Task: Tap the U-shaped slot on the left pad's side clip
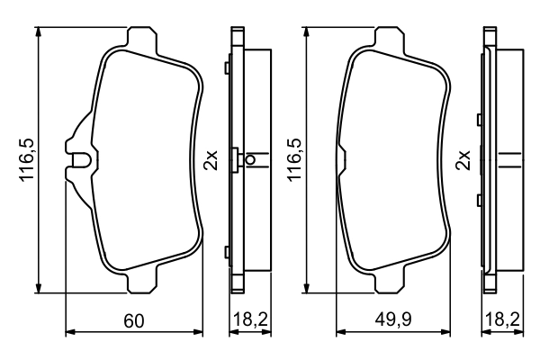[81, 162]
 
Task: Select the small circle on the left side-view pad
[250, 161]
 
